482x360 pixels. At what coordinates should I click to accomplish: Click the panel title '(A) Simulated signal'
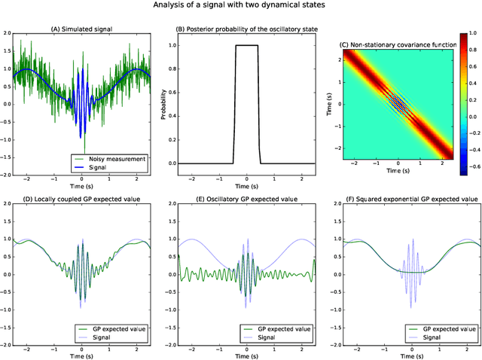(81, 29)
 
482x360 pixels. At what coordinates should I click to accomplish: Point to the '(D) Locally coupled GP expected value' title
(81, 200)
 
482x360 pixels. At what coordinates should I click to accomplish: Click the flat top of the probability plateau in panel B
(246, 46)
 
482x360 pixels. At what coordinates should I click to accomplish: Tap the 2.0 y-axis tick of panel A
(6, 35)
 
